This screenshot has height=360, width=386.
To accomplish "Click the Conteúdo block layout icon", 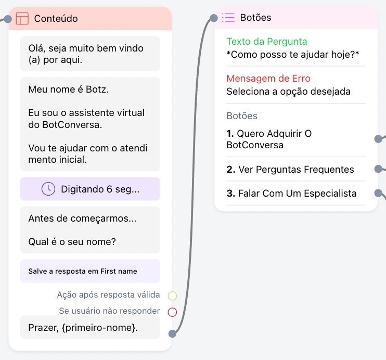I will (22, 18).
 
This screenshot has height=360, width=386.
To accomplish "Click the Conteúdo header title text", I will (56, 18).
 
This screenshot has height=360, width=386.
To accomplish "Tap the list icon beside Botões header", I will (228, 18).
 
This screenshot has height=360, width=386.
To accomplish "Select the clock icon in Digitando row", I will (48, 189).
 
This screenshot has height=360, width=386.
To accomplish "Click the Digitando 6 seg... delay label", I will (100, 189).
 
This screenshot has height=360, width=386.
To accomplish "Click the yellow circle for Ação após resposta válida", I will (173, 296).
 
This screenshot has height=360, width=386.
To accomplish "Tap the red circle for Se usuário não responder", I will (173, 312).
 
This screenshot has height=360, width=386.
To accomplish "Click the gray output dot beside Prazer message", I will (173, 334).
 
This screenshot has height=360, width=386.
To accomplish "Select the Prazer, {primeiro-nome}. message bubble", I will (83, 327).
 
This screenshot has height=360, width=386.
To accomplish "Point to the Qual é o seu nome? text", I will (72, 242).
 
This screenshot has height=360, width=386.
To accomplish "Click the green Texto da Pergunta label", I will (267, 42).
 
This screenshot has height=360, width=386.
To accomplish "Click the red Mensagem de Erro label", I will (268, 79).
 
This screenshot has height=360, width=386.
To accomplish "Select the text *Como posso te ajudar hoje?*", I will (293, 54).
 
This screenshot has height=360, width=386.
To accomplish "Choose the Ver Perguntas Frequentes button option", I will (296, 169).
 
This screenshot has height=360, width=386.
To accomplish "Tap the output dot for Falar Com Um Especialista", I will (379, 194).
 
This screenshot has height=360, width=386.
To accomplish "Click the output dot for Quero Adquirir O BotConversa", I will (379, 139).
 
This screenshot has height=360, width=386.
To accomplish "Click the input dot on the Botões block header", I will (214, 19).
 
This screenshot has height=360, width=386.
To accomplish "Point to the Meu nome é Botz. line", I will (69, 89).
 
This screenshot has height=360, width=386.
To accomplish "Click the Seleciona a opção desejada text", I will (288, 92).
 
